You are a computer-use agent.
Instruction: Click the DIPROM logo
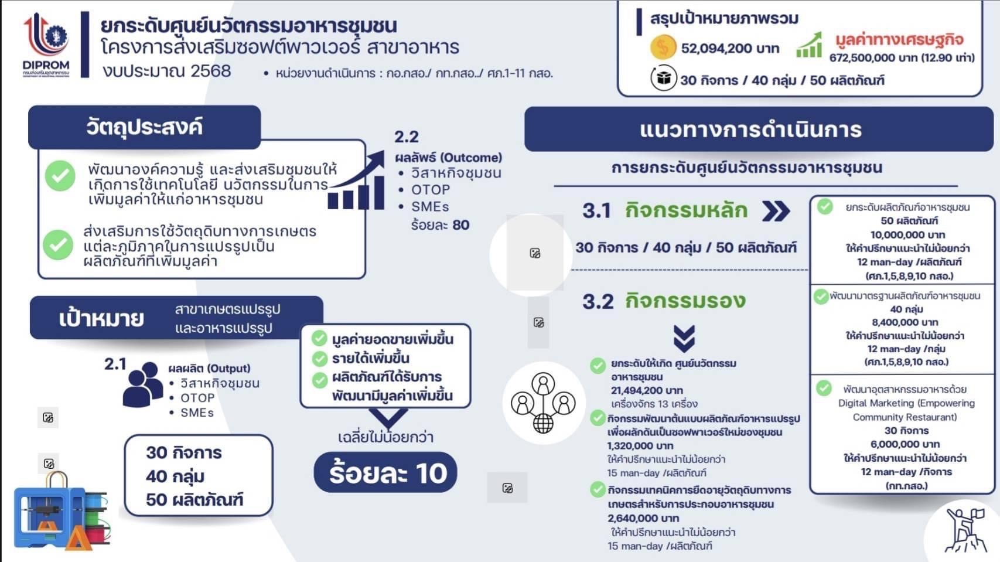pos(46,45)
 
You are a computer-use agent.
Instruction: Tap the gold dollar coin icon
pos(663,47)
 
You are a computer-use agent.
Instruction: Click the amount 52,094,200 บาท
pos(730,48)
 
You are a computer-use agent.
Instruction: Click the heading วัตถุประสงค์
pos(144,127)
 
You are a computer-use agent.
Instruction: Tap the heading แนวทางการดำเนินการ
pos(750,130)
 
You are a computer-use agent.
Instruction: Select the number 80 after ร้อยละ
pos(460,224)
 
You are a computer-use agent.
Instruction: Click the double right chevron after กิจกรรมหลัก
pos(776,211)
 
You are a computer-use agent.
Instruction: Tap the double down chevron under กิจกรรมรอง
pos(684,339)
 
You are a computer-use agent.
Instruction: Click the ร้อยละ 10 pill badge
pos(385,472)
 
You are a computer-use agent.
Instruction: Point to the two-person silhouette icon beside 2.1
pos(142,384)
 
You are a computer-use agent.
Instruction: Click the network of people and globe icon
pos(543,403)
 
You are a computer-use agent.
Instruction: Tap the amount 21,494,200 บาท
pos(647,390)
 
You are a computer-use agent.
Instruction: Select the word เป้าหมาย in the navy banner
pos(101,318)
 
